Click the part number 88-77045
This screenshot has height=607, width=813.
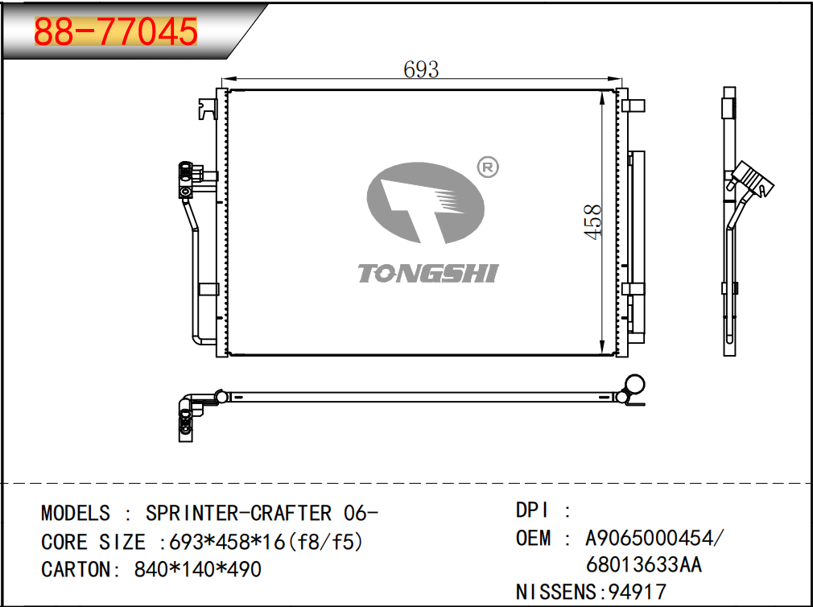point(116,31)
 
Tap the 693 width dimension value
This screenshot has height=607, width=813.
point(421,69)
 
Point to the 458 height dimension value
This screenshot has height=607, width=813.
point(593,222)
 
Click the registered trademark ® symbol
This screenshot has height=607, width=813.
point(487,167)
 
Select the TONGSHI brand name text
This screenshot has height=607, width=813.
point(427,273)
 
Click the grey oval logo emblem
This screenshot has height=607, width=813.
point(425,203)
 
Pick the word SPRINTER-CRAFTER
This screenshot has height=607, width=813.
point(238,513)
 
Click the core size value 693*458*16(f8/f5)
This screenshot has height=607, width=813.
point(266,543)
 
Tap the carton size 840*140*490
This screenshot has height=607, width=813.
point(197,570)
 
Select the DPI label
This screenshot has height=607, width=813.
point(532,510)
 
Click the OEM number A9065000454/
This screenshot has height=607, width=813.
point(653,538)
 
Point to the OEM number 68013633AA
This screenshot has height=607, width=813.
point(644,564)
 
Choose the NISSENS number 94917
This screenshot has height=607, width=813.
point(638,592)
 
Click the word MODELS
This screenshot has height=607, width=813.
point(76,513)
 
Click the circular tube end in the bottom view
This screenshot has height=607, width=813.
point(634,385)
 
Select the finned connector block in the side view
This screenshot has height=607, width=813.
point(751,179)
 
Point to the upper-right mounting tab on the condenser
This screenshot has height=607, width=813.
point(633,105)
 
